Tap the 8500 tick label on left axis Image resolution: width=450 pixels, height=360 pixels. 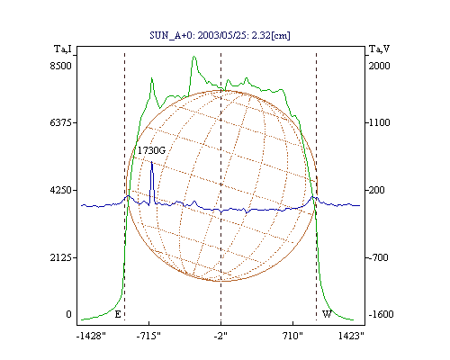coord(60,66)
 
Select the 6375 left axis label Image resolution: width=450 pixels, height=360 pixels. coord(60,122)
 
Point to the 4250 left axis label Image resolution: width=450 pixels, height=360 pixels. coord(60,190)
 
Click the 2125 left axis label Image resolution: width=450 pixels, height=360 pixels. coord(60,257)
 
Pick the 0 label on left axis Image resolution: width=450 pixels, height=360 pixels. coord(68,314)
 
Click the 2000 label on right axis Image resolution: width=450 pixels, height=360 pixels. coord(379,66)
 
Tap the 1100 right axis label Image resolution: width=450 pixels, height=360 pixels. coord(379,122)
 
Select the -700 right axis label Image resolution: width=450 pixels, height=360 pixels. coord(378,257)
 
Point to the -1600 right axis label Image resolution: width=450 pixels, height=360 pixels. coord(381,314)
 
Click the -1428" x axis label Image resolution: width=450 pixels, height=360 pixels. coord(91,336)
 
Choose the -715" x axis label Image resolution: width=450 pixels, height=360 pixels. coord(148,336)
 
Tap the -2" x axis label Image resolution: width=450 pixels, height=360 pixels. coord(220,336)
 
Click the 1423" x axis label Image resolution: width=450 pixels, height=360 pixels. coord(351,336)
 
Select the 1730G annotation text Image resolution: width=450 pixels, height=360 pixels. coord(151,150)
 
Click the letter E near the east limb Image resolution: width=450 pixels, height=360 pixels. coord(118,314)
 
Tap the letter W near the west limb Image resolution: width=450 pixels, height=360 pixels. coord(327,314)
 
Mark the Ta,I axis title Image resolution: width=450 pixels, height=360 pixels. coord(63,49)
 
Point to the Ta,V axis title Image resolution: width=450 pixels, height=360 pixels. coord(379,49)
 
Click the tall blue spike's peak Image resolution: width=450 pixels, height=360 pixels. coord(152,162)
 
